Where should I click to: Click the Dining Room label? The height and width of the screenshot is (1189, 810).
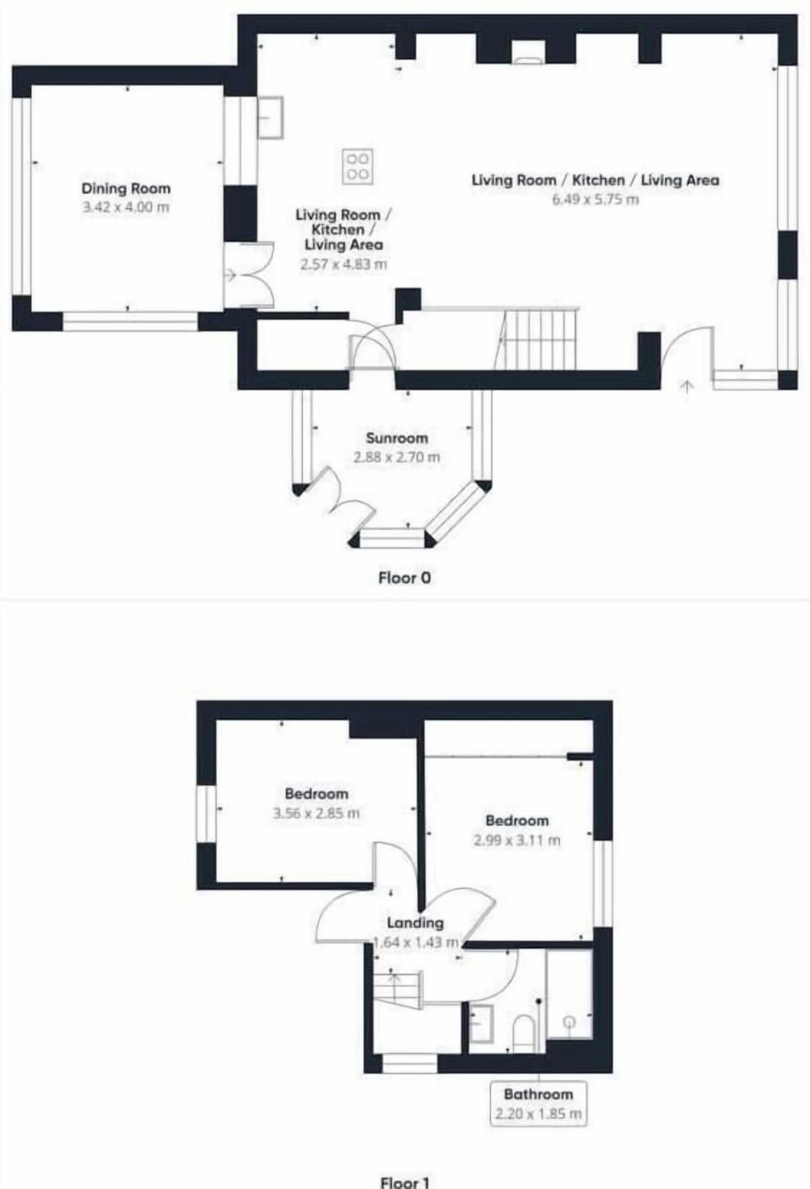126,189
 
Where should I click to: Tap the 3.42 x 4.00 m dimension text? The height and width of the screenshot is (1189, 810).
126,208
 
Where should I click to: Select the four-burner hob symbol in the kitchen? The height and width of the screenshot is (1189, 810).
357,166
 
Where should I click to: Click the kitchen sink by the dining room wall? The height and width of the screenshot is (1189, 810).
271,117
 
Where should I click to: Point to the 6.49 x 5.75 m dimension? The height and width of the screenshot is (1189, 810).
595,200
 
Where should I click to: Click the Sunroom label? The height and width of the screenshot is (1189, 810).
397,438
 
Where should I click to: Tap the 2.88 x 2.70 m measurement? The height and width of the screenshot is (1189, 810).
397,457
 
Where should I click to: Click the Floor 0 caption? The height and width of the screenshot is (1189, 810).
404,578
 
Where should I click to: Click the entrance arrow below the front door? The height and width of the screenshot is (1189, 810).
687,387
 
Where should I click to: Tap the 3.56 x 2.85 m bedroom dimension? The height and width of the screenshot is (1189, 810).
316,813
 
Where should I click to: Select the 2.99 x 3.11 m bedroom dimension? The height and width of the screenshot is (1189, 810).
516,840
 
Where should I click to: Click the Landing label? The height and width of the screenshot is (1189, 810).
415,922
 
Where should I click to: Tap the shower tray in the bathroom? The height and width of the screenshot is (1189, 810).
570,996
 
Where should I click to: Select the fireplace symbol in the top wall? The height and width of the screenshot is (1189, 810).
528,59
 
